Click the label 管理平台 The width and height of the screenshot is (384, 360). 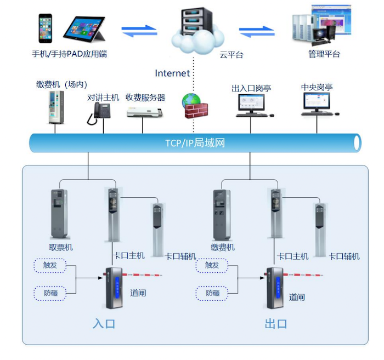(x=324, y=54)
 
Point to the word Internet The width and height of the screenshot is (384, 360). (x=172, y=73)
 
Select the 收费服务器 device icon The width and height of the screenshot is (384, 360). (x=145, y=113)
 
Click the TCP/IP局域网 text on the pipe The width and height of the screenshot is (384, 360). (x=195, y=144)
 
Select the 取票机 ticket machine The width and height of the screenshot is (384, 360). (x=60, y=214)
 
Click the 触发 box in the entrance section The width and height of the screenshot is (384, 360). (x=50, y=265)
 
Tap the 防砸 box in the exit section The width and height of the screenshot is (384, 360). (x=212, y=293)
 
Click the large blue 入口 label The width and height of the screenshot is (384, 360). (x=104, y=323)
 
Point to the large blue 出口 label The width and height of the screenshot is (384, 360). (x=276, y=323)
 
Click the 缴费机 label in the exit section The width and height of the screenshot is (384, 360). (x=223, y=248)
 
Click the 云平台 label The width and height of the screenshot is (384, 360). (x=231, y=54)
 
